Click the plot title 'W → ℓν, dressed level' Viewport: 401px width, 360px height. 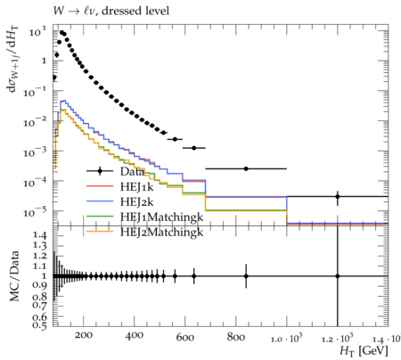111,11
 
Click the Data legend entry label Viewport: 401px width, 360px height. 132,171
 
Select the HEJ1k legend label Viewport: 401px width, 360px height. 137,186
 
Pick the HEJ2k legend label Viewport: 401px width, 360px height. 137,202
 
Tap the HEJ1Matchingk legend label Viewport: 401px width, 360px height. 162,217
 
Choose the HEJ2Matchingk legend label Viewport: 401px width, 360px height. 162,232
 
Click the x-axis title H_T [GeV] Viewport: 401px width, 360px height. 364,351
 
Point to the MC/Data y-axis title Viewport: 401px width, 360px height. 14,276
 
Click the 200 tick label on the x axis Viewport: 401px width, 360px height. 84,336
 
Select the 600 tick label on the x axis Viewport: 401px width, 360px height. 185,338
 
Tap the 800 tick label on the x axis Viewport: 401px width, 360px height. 236,337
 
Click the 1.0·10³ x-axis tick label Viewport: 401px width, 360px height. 287,338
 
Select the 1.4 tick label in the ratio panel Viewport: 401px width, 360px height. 40,236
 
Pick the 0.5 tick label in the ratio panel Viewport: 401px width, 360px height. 40,325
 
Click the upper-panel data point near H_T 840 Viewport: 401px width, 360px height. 246,168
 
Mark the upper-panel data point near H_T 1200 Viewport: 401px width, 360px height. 338,196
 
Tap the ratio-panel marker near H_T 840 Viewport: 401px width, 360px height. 246,276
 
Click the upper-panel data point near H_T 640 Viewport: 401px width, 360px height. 194,148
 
